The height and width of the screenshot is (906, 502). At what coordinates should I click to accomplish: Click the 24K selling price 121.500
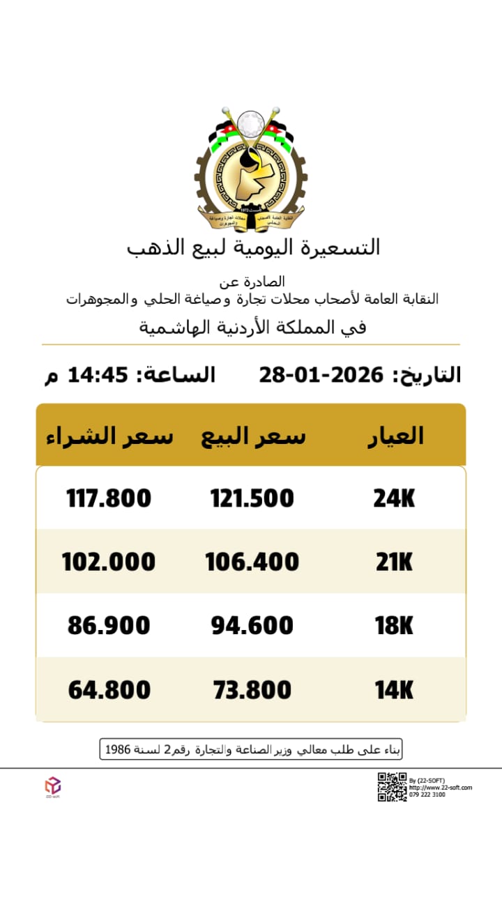tap(252, 498)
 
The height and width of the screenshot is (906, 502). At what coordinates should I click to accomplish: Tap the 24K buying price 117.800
tap(109, 498)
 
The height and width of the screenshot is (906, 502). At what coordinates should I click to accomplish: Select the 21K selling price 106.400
tap(252, 562)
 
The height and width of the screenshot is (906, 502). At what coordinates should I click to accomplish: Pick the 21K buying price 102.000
tap(109, 562)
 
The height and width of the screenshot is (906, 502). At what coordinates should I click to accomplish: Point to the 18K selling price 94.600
tap(252, 626)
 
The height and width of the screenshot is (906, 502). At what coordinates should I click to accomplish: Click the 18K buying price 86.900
tap(109, 626)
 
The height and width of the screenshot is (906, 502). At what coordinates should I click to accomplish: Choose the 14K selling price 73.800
tap(252, 690)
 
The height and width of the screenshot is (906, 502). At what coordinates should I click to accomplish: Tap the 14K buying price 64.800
tap(109, 690)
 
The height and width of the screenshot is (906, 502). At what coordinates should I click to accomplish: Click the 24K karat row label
tap(394, 498)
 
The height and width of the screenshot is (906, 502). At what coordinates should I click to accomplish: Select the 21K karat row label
tap(394, 562)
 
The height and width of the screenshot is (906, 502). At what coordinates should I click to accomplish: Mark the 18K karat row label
tap(394, 626)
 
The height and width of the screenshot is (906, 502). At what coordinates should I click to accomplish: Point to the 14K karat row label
tap(394, 690)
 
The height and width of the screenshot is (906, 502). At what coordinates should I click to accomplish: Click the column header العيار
tap(395, 436)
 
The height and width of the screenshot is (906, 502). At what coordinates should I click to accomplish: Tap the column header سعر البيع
tap(253, 436)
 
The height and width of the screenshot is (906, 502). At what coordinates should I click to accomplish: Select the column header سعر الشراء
tap(109, 436)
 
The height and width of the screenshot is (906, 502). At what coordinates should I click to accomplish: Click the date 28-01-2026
tap(321, 375)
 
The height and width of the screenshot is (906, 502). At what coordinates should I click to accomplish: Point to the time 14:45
tap(98, 375)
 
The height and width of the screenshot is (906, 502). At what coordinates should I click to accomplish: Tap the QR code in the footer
tap(392, 787)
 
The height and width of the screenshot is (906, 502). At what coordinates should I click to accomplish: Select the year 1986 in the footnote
tap(118, 750)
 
